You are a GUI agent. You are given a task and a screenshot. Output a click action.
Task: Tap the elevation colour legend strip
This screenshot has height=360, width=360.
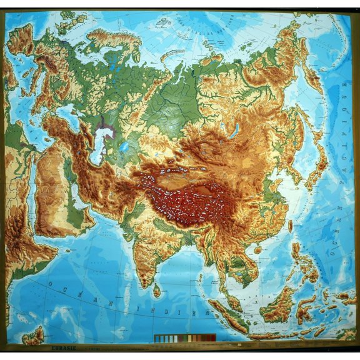click(184, 338)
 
